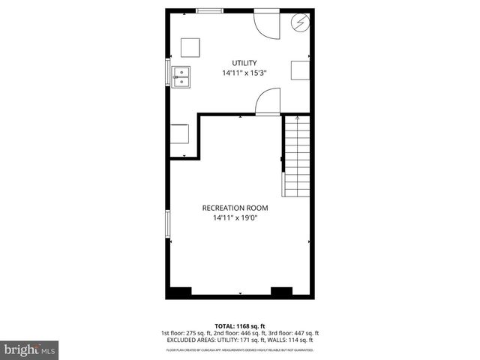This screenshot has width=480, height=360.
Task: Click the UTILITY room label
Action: click(x=244, y=63)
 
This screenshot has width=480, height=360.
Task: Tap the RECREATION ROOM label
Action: click(x=235, y=208)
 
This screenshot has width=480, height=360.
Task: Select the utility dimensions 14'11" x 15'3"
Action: click(x=244, y=73)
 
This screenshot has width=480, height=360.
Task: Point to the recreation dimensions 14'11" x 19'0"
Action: click(x=235, y=218)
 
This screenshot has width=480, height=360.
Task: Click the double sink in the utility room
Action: click(x=181, y=76)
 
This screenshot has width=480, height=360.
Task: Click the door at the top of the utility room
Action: click(x=265, y=22)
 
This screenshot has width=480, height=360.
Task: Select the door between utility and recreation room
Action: click(x=268, y=101)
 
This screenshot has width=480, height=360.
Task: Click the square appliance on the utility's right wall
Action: click(x=301, y=69)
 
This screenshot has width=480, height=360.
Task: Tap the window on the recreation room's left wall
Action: click(x=167, y=223)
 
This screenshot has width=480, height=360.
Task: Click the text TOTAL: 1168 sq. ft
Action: click(x=240, y=325)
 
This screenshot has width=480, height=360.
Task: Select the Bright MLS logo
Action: click(x=30, y=349)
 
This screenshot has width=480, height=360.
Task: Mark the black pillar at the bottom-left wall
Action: click(x=180, y=291)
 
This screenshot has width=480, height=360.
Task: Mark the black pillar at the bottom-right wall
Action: click(x=281, y=291)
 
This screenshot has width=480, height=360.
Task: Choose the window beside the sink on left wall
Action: click(x=167, y=73)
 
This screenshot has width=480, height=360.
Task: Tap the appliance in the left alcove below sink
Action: click(x=180, y=134)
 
